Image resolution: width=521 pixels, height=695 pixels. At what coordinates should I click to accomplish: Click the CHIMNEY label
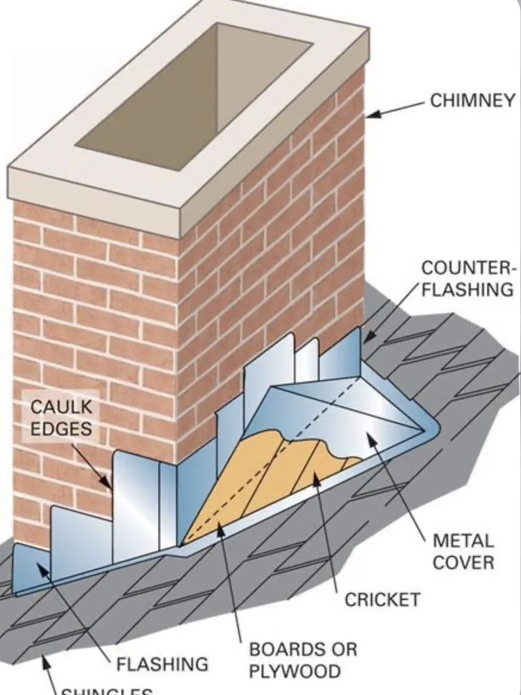click(472, 100)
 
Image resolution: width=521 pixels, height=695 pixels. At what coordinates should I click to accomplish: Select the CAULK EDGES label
click(61, 418)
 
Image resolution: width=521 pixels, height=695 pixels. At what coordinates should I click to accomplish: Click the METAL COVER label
click(463, 550)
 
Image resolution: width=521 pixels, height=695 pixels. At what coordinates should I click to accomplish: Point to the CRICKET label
click(383, 598)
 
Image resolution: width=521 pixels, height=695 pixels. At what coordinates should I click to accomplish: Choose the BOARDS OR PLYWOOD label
click(303, 660)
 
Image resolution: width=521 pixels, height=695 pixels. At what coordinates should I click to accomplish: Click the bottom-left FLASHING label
click(162, 664)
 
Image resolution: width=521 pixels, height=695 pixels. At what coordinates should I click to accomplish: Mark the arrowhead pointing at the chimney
click(370, 115)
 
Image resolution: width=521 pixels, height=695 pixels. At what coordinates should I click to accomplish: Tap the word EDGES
click(61, 429)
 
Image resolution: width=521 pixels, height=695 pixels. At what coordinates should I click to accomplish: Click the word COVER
click(463, 562)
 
